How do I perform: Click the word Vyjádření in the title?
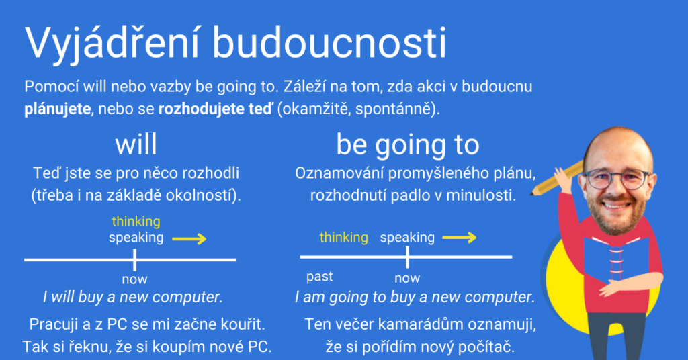pos(112,44)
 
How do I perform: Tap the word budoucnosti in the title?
pos(329,42)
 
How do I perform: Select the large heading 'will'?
pos(136,144)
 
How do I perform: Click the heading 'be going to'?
pos(408,145)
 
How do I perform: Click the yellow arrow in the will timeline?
pos(189,239)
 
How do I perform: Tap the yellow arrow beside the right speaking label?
pos(460,238)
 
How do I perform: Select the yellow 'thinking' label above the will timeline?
pos(136,222)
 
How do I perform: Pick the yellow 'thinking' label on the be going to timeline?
pos(343,238)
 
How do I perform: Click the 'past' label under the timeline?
pos(319,277)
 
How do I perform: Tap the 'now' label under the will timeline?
pos(134,279)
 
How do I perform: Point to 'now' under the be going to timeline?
pos(407,278)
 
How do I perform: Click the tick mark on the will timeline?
pos(134,259)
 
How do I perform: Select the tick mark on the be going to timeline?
pos(408,257)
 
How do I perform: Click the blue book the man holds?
pos(616,259)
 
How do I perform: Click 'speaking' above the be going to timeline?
pos(407,238)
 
